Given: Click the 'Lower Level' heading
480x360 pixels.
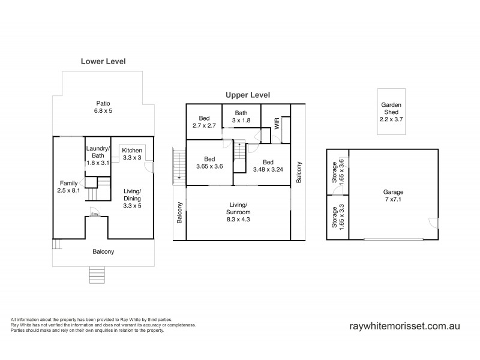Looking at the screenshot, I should tap(103, 61).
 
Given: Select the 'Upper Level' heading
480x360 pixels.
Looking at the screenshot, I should tap(248, 95).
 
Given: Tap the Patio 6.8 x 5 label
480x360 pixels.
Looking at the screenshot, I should tap(103, 107).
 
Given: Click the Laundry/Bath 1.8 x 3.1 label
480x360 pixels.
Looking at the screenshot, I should tap(97, 156).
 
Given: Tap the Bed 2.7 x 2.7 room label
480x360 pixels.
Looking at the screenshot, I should tap(203, 122).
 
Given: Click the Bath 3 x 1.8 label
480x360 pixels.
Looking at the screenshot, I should tap(241, 117).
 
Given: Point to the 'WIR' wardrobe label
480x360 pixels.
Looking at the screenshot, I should tap(277, 124).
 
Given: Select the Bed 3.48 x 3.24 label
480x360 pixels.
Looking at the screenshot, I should tap(269, 166).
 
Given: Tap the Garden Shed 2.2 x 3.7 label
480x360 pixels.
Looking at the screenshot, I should tap(392, 112).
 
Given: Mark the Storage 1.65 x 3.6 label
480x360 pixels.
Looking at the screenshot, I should tap(338, 171).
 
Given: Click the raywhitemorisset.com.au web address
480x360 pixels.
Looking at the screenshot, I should tap(404, 327).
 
